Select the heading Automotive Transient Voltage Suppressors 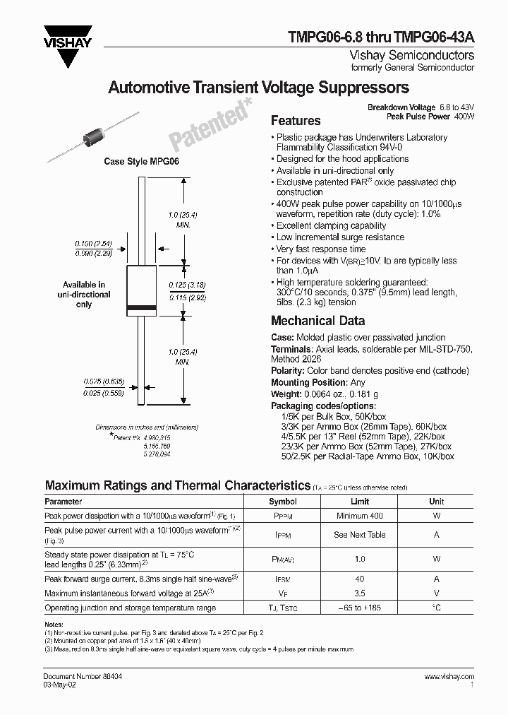[x=258, y=88]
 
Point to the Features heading [x=296, y=121]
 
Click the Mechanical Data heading [x=318, y=321]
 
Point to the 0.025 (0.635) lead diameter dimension [x=97, y=382]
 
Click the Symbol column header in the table [x=283, y=501]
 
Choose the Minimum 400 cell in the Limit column [x=359, y=516]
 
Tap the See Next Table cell [x=359, y=535]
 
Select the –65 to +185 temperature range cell [x=359, y=608]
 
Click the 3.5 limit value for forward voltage [x=359, y=593]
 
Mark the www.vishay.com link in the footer [x=449, y=676]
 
